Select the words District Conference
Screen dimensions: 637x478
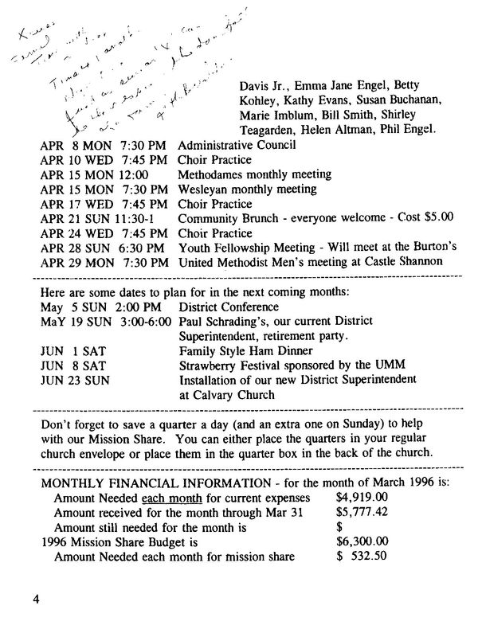click(x=229, y=307)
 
